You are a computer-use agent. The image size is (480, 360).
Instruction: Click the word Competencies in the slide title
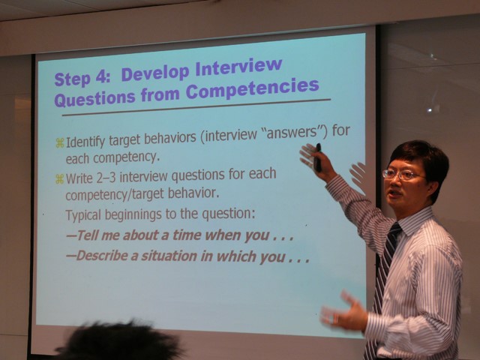click(x=252, y=88)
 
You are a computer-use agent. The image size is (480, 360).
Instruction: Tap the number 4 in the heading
click(x=100, y=77)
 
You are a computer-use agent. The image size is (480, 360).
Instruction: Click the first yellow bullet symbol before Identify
click(x=60, y=143)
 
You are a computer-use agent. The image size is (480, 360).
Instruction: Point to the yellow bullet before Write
click(x=59, y=179)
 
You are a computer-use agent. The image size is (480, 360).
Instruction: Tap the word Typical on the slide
click(x=83, y=215)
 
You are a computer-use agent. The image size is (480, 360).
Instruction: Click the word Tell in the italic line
click(x=87, y=235)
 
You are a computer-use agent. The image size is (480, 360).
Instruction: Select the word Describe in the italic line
click(x=101, y=256)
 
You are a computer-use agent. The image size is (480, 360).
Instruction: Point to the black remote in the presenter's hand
click(x=318, y=158)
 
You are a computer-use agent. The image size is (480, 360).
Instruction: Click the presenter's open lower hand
click(x=344, y=312)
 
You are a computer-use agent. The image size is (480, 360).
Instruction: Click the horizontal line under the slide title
click(x=196, y=107)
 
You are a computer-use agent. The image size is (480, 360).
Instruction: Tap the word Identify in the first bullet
click(x=85, y=142)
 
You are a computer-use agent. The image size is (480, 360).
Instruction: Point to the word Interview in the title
click(x=238, y=68)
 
